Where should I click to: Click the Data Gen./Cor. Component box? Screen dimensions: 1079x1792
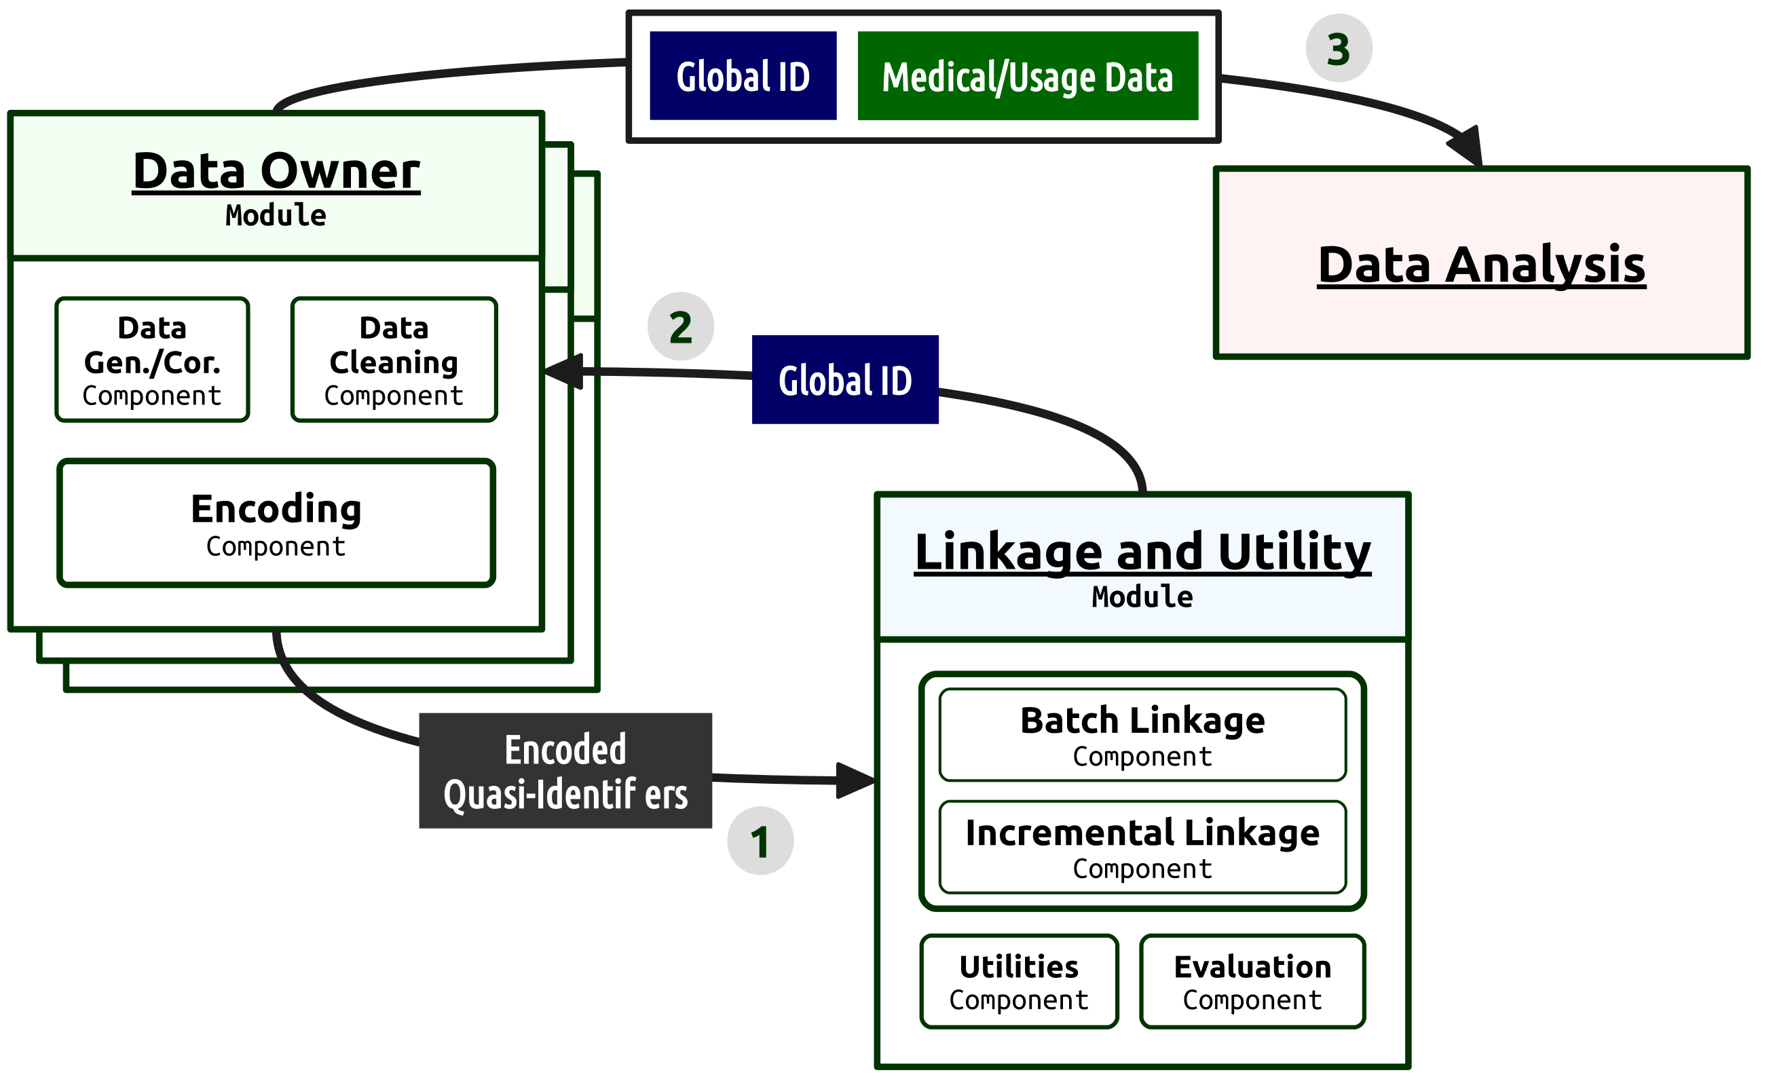pos(152,360)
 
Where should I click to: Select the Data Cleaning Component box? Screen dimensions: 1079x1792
pos(394,360)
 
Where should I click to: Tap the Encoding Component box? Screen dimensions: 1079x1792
pos(276,523)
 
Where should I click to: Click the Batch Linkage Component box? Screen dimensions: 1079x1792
pos(1142,735)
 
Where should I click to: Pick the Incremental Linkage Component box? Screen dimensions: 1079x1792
pos(1142,847)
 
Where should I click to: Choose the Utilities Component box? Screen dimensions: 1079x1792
pos(1019,981)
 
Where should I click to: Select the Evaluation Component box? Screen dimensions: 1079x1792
pos(1252,981)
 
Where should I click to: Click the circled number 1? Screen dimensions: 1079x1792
pos(760,841)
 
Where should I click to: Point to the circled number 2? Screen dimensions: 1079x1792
pos(680,326)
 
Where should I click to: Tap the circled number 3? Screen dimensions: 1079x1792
pos(1339,49)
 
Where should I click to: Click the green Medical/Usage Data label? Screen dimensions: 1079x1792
pos(1028,75)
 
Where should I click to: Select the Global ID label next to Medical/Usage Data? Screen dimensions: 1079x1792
pos(743,75)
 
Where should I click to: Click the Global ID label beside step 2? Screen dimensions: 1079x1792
pos(845,379)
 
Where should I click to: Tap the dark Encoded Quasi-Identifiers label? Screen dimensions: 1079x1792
pos(565,771)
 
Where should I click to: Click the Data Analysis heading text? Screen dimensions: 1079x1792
pos(1481,265)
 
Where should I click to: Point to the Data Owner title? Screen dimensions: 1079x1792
pos(276,172)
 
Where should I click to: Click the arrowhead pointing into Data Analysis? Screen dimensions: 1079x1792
pos(1466,147)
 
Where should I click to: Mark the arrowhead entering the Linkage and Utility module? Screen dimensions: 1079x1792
pos(856,780)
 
